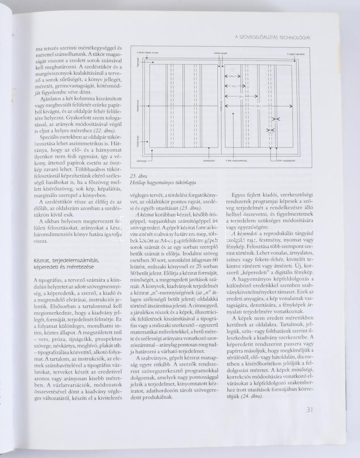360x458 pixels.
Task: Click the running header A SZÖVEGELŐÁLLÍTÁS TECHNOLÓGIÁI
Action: click(272, 37)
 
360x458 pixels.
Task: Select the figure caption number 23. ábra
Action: click(137, 175)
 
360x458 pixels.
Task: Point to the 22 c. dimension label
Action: click(241, 96)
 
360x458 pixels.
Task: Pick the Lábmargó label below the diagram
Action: click(142, 160)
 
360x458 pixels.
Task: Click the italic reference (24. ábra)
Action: click(252, 396)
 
